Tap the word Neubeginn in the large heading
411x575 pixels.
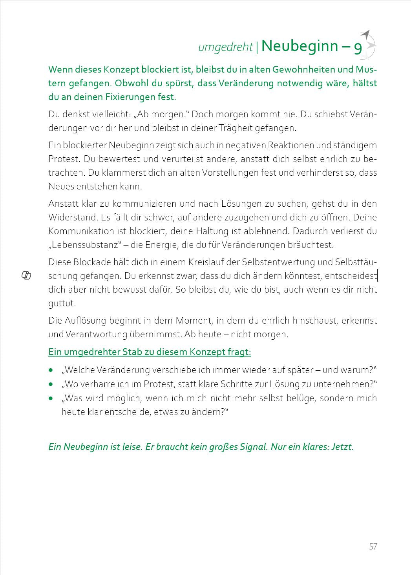pos(300,46)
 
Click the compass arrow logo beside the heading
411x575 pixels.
pos(368,43)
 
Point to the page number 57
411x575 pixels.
pos(373,546)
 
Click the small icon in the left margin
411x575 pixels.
pos(26,276)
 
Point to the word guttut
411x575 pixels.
pos(62,304)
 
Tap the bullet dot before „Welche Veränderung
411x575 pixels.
pos(51,370)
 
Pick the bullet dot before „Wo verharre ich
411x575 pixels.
pos(51,384)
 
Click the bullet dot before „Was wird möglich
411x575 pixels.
pos(51,398)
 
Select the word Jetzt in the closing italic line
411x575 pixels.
pos(343,447)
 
